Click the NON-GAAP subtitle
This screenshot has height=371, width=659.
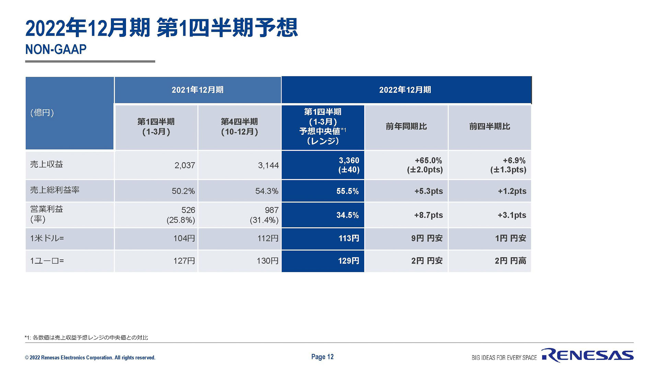tap(56, 49)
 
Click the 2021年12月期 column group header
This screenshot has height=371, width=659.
tap(197, 90)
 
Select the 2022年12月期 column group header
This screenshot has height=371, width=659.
tap(405, 90)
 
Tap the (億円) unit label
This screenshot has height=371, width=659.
tap(42, 113)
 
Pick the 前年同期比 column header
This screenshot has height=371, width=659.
tap(406, 126)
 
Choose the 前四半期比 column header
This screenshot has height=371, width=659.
tap(489, 126)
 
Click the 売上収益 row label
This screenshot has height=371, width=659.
tap(47, 165)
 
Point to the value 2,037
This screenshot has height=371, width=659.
tap(185, 166)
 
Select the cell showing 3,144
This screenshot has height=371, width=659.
tap(268, 166)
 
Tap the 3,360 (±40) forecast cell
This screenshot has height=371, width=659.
tap(349, 165)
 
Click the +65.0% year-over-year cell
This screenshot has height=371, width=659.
tap(425, 165)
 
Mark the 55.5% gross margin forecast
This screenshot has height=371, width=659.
tap(347, 191)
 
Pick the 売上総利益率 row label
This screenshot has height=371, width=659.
tap(55, 190)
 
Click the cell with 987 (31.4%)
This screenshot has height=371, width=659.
tap(264, 215)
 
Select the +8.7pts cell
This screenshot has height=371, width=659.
tap(428, 215)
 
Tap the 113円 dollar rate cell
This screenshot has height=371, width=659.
tap(349, 238)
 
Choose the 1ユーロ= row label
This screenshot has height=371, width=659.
tap(47, 261)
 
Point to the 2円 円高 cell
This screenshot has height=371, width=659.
tap(510, 261)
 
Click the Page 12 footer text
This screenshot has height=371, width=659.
tap(322, 357)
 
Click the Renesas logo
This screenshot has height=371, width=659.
tap(588, 355)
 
